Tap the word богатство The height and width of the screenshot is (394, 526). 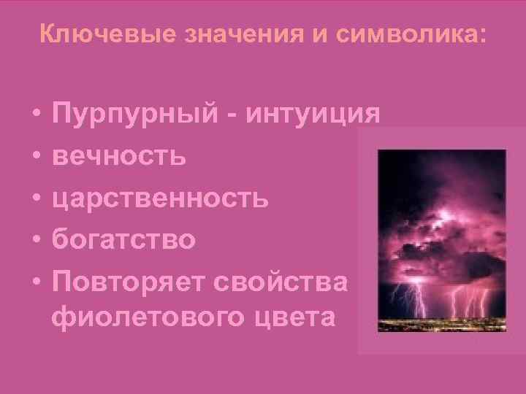point(123,239)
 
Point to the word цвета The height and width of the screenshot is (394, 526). point(289,319)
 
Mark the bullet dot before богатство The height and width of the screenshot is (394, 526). point(35,239)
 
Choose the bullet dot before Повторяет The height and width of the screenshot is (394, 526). point(35,281)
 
